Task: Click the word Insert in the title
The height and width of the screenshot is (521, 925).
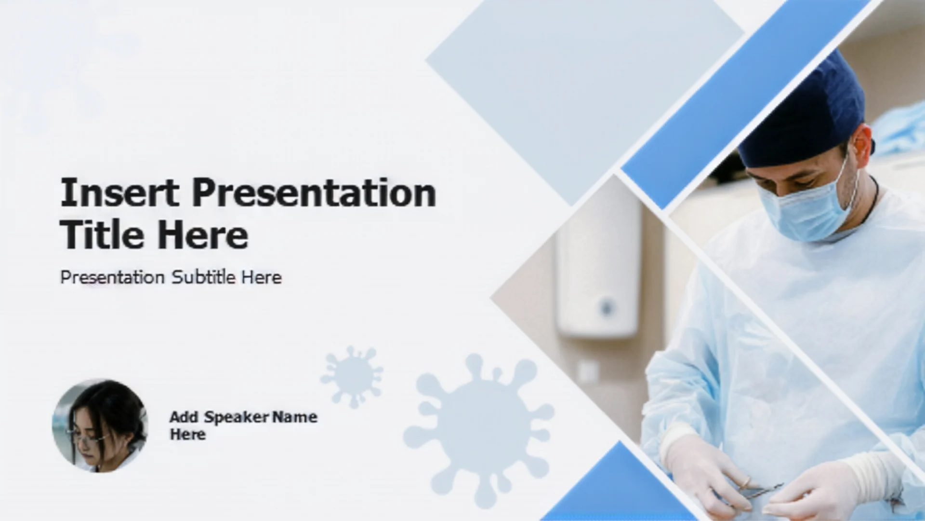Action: [119, 192]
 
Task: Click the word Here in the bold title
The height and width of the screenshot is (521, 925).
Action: [203, 235]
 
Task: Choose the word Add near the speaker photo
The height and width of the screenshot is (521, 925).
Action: [184, 417]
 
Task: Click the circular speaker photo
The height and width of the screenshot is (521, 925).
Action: [100, 425]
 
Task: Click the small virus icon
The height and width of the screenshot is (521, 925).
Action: [352, 375]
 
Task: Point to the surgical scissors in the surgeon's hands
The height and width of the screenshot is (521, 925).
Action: [761, 490]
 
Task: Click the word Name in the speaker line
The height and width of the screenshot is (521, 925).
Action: [295, 417]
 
